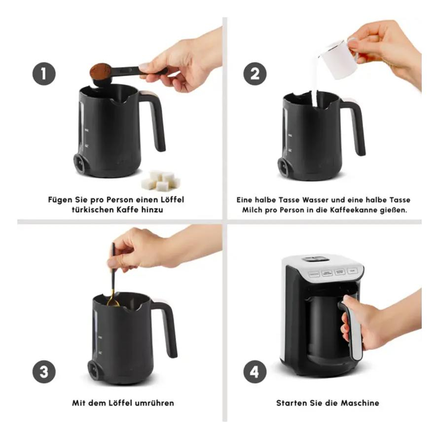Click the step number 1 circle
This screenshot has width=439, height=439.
(x=44, y=73)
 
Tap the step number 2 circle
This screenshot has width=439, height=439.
(x=255, y=73)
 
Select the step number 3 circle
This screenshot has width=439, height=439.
(x=44, y=372)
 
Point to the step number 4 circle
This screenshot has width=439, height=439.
(x=255, y=372)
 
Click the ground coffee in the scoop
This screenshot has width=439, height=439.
(x=101, y=71)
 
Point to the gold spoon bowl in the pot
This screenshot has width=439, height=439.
(x=112, y=302)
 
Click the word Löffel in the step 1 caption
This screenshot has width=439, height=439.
(x=172, y=200)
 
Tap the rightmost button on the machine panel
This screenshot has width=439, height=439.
(x=353, y=271)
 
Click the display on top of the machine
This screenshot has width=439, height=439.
(x=313, y=259)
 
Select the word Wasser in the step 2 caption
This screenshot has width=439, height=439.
(x=316, y=200)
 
